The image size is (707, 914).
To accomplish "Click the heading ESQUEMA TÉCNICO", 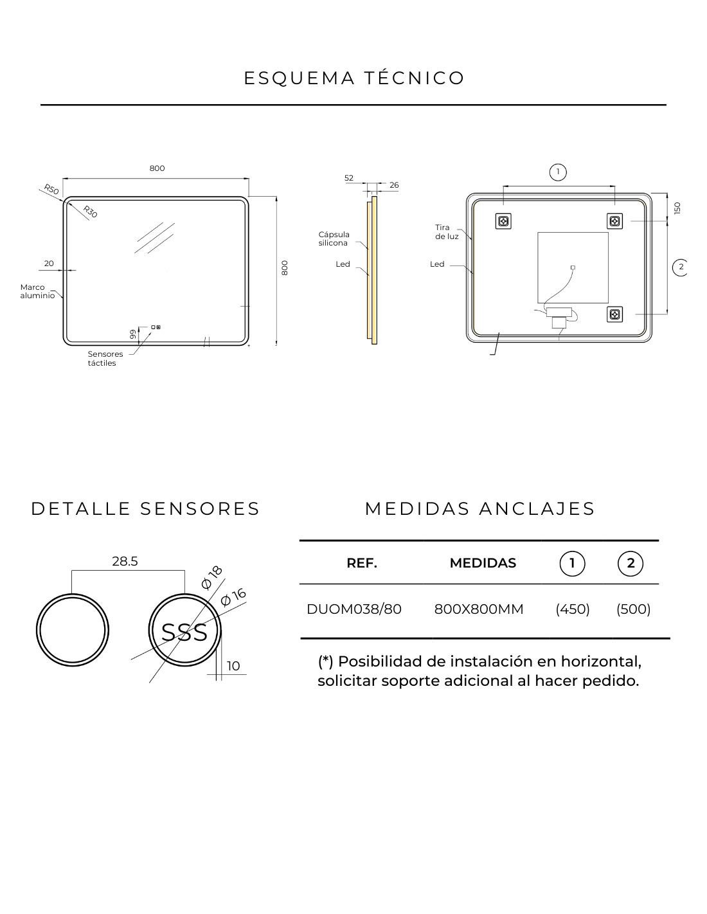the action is coord(353,78).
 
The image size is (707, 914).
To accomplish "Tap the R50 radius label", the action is coord(51,189).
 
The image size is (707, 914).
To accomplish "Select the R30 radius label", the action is coord(90,211).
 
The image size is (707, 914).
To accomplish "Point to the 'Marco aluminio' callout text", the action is coord(37,291).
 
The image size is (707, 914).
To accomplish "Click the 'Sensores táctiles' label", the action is coord(105,359).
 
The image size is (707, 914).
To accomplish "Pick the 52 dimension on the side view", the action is coord(348,178).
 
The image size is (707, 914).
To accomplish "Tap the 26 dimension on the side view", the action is coord(394,185).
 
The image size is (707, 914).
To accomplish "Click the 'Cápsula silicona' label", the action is coord(334,238).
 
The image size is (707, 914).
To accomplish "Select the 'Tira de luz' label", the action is coord(447,232).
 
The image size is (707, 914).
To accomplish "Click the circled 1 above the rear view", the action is coord(558,172).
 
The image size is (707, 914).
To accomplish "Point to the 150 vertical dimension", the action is coord(677,208).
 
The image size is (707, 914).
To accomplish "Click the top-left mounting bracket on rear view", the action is coord(503,221).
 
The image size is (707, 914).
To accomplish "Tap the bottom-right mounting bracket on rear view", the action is coord(614,314).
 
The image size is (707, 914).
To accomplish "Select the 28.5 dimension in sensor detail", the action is coord(125,561).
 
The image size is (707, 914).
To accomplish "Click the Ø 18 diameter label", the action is coord(211,578).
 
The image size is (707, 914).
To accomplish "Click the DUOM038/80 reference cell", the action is coord(354,609).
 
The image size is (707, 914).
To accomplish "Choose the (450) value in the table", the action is coord(573,609).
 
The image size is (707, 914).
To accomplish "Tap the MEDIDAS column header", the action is coord(483,563).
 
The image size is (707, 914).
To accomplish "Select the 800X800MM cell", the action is coord(479,609).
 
